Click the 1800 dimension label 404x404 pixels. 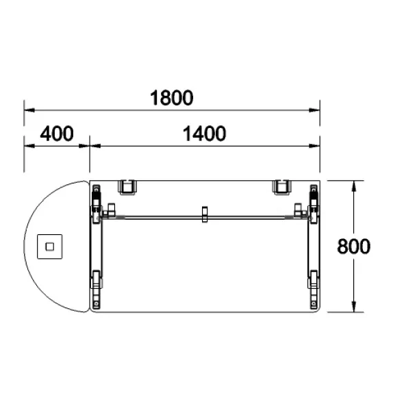(172, 98)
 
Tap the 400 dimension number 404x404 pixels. (57, 134)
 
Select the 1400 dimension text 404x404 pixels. (204, 134)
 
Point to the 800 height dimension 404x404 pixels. (354, 247)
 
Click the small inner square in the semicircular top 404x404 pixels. (50, 247)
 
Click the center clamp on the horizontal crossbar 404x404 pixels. (205, 214)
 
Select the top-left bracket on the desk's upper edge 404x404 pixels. (127, 187)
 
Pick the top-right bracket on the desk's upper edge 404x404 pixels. (281, 187)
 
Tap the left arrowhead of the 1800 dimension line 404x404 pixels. (29, 110)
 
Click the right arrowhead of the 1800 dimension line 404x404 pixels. (314, 110)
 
